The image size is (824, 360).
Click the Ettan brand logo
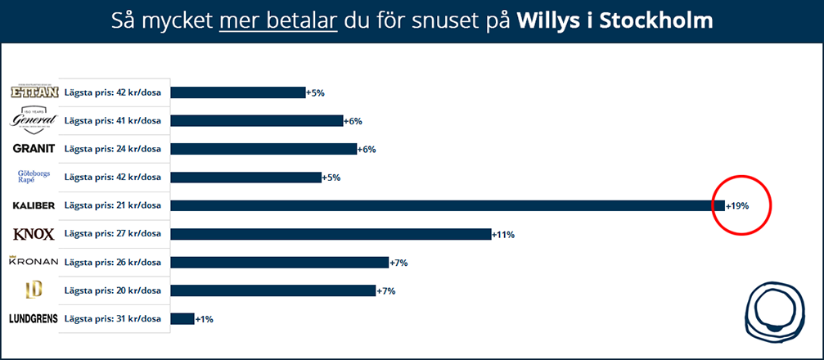(34, 92)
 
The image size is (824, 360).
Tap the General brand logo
(34, 119)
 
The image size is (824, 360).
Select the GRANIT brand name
(34, 149)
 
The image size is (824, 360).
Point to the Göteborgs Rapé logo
(34, 177)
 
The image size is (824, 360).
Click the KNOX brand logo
(34, 234)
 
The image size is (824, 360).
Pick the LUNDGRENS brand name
(34, 318)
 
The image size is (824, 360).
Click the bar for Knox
(331, 234)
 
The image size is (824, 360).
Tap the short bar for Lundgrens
(182, 318)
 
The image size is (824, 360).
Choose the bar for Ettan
(237, 92)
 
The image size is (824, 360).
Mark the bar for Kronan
(279, 263)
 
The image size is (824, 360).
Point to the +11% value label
(503, 235)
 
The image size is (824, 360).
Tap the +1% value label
(204, 319)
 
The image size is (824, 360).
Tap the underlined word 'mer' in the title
(237, 20)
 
